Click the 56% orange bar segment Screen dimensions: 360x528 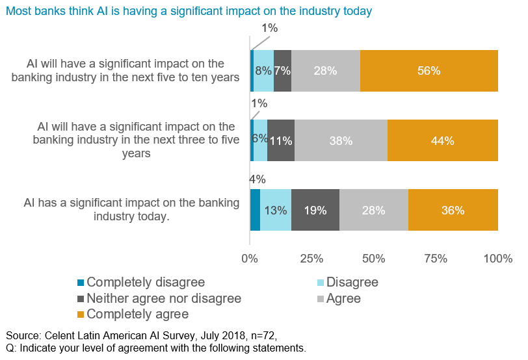(429, 71)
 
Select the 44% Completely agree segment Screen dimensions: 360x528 (443, 140)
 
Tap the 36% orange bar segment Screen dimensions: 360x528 (453, 211)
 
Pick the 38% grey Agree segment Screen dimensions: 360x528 (341, 140)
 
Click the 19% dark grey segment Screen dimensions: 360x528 (315, 211)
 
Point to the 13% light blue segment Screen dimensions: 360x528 (276, 211)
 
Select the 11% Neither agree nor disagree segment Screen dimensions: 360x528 (281, 140)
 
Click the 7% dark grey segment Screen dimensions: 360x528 (282, 71)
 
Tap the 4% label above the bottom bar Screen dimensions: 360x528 (258, 179)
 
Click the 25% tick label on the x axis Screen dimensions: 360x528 (312, 259)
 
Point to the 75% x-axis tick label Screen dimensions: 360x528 (436, 259)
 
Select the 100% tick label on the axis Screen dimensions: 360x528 (498, 259)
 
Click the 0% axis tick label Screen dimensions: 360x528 (250, 259)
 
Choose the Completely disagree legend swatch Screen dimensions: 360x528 (81, 283)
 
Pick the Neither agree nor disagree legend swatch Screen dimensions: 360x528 (81, 299)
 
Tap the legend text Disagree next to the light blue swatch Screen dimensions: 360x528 (352, 283)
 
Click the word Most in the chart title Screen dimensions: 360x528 (19, 12)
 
